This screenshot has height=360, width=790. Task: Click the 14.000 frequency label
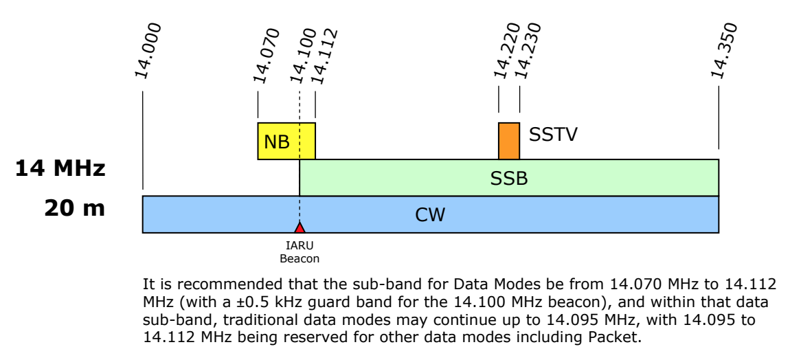click(148, 50)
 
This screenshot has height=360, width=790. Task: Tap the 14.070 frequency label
click(266, 56)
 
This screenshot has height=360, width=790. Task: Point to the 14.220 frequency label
click(506, 50)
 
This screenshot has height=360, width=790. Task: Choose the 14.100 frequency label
click(303, 56)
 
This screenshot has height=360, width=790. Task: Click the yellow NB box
click(286, 141)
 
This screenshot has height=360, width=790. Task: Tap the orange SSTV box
click(509, 141)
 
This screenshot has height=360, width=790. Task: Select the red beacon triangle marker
click(300, 228)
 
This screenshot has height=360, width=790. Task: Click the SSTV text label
click(553, 135)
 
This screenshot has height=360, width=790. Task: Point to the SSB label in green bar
click(509, 178)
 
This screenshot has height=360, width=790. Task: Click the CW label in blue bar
click(430, 215)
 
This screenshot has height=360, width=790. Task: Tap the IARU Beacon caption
click(300, 252)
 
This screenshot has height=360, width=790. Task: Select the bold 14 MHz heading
click(60, 168)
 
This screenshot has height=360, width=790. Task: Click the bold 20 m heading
click(75, 208)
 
